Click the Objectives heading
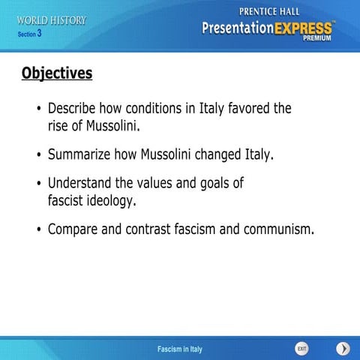click(57, 73)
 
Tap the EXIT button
click(301, 349)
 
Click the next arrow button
click(343, 349)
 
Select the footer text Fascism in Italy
click(180, 349)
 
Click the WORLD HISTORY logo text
click(52, 20)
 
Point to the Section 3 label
click(29, 34)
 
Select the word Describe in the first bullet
click(73, 109)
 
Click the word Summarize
click(79, 155)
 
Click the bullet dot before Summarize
click(38, 156)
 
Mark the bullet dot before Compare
click(38, 229)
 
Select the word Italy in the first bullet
click(200, 109)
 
